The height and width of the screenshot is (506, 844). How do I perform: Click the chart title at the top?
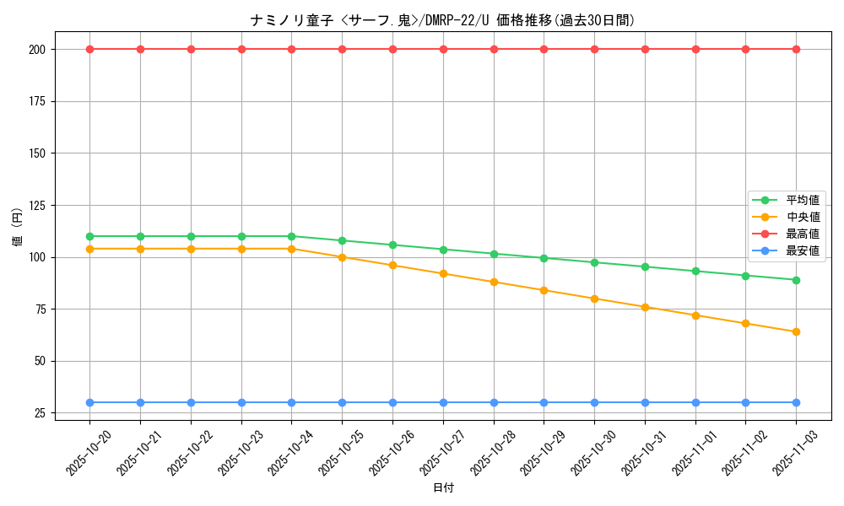(442, 20)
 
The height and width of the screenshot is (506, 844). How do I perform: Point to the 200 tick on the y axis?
(38, 49)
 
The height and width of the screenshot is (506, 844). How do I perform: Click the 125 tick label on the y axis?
(38, 205)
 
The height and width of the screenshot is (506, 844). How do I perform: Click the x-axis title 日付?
(443, 488)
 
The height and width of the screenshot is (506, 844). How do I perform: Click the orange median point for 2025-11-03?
(796, 331)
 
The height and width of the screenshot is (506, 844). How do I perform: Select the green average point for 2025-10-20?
(89, 236)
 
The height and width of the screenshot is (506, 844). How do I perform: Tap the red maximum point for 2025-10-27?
(443, 49)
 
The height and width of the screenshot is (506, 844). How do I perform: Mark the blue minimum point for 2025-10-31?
(645, 402)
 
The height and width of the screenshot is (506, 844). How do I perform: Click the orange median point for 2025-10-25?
(342, 257)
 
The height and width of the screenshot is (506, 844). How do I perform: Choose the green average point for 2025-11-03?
(796, 280)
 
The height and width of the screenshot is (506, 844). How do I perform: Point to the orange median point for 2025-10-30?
(594, 299)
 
